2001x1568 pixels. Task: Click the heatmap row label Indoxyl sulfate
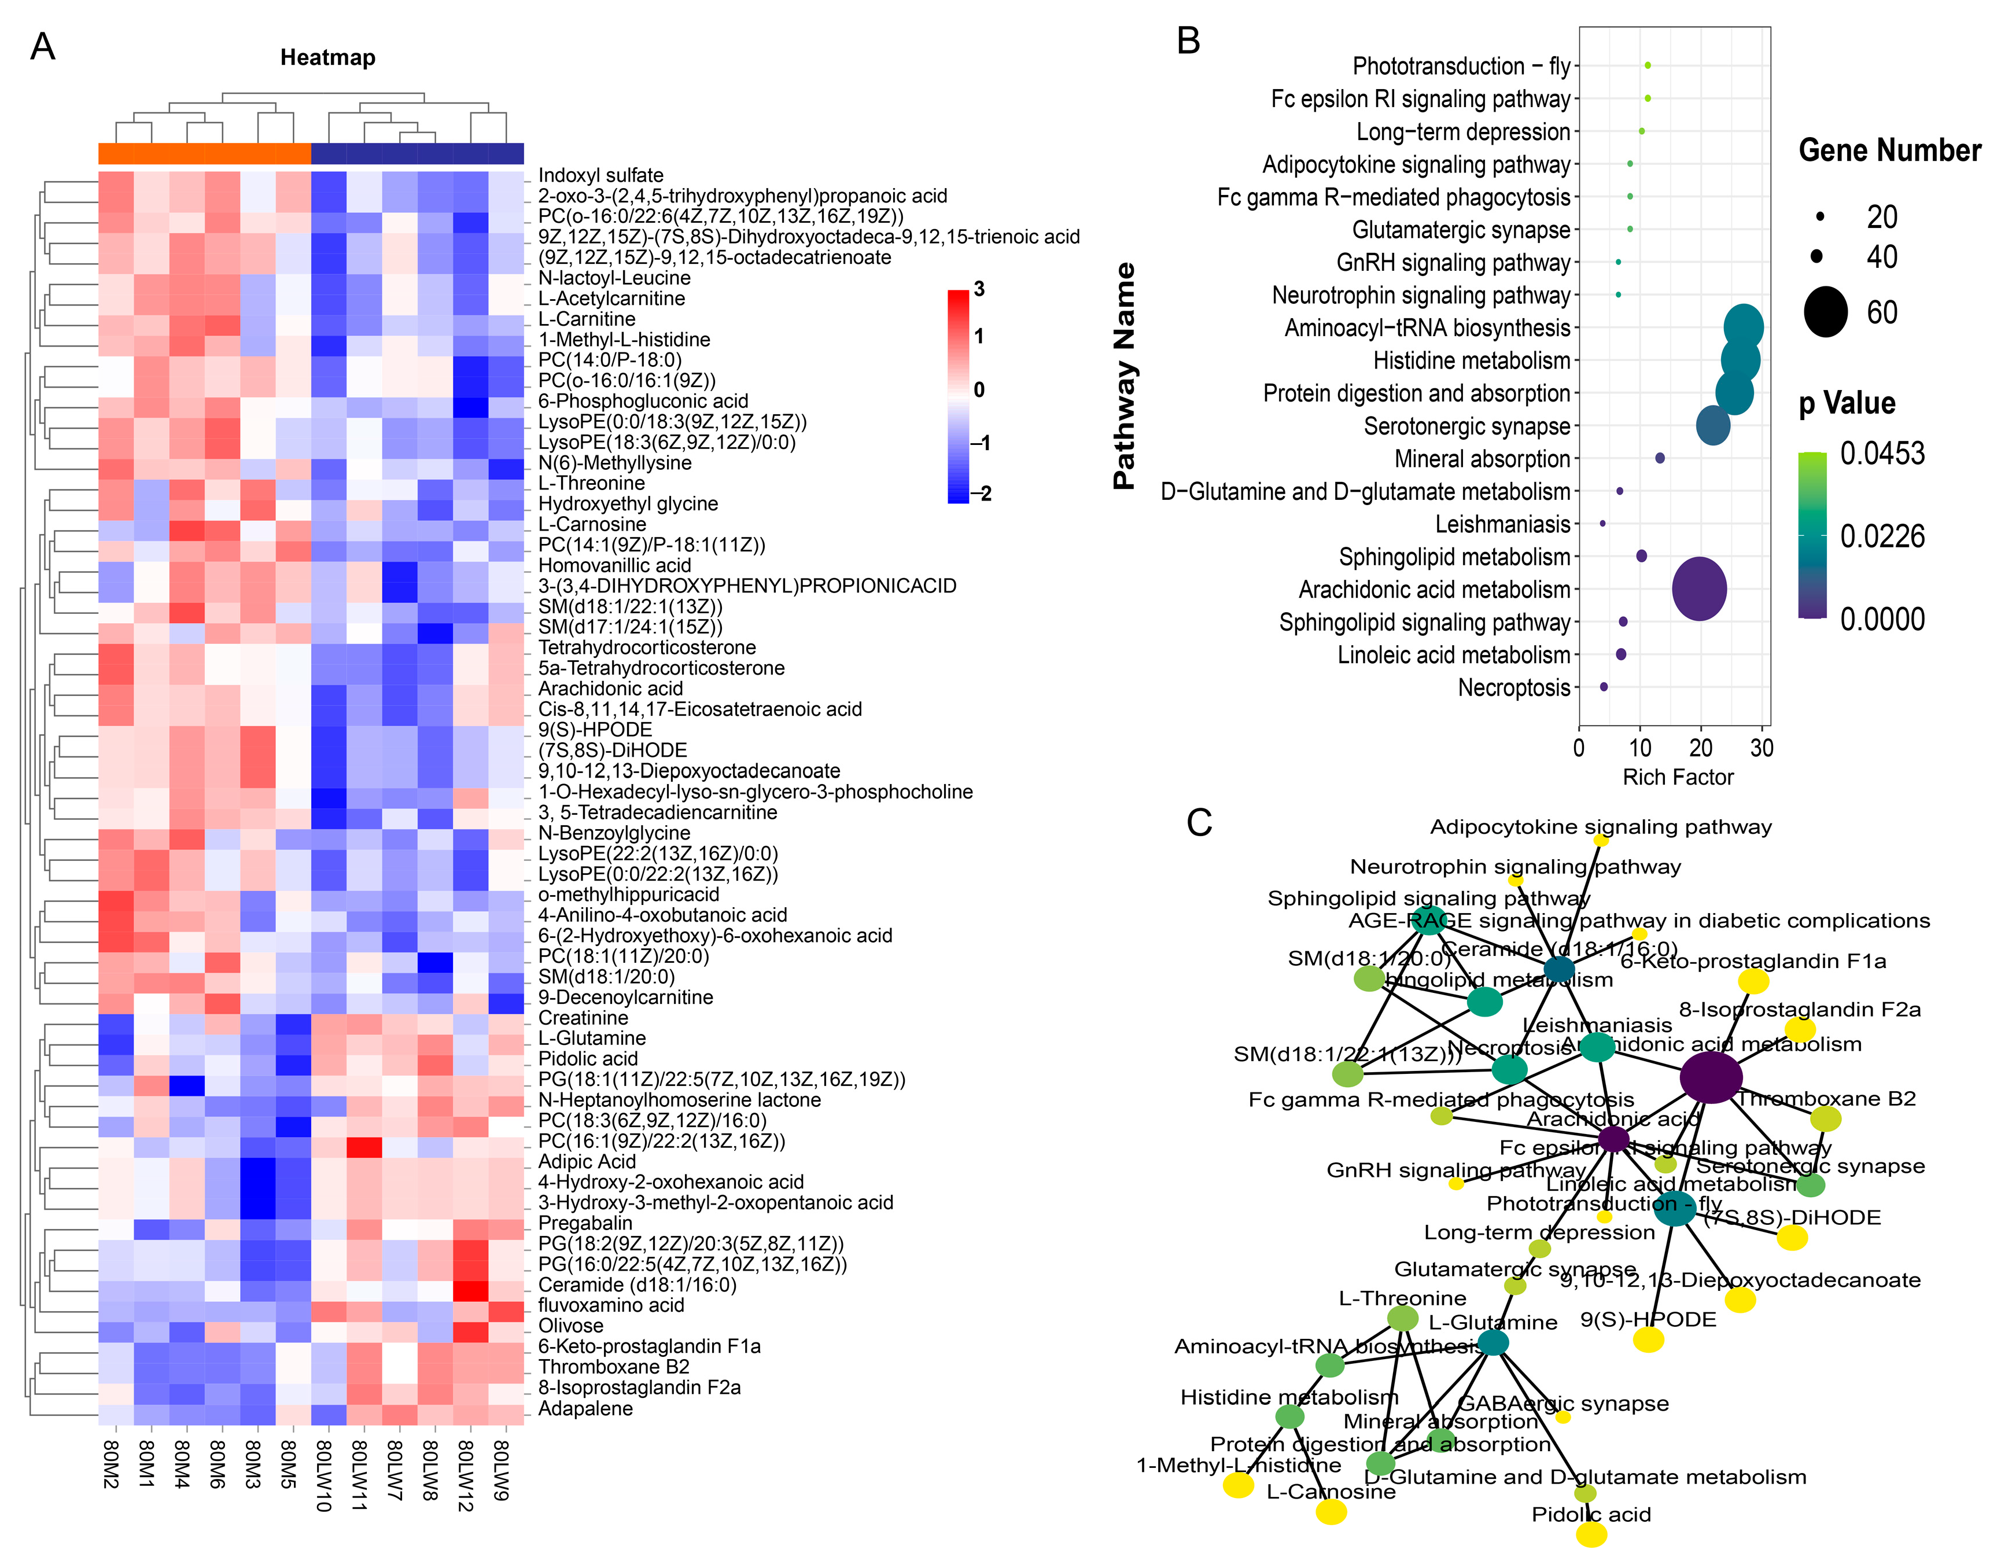point(600,175)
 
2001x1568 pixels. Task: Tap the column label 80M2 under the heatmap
point(111,1464)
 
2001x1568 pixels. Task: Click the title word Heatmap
point(327,58)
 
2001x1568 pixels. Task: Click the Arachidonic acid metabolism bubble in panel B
point(1699,590)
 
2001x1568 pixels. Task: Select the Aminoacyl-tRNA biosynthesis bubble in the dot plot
point(1743,327)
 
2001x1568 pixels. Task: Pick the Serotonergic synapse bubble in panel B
point(1713,426)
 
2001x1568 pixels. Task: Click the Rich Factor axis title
point(1678,778)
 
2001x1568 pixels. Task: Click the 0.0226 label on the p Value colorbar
point(1882,536)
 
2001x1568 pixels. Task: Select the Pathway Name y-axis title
point(1125,377)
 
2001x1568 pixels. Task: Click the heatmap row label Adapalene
point(585,1408)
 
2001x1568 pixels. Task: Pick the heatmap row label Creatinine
point(583,1018)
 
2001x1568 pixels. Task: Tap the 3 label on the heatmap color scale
point(979,290)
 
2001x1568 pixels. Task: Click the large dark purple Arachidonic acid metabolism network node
point(1711,1078)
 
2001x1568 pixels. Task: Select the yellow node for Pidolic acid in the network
point(1591,1534)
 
